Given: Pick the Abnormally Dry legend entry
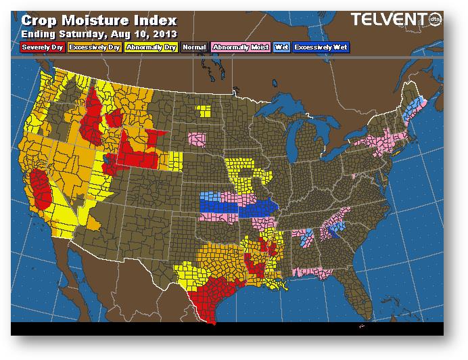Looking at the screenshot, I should pos(151,47).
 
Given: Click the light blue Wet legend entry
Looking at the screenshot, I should pos(281,47).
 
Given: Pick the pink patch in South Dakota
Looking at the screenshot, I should pos(197,140).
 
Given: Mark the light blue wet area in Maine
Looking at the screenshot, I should pos(419,105).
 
